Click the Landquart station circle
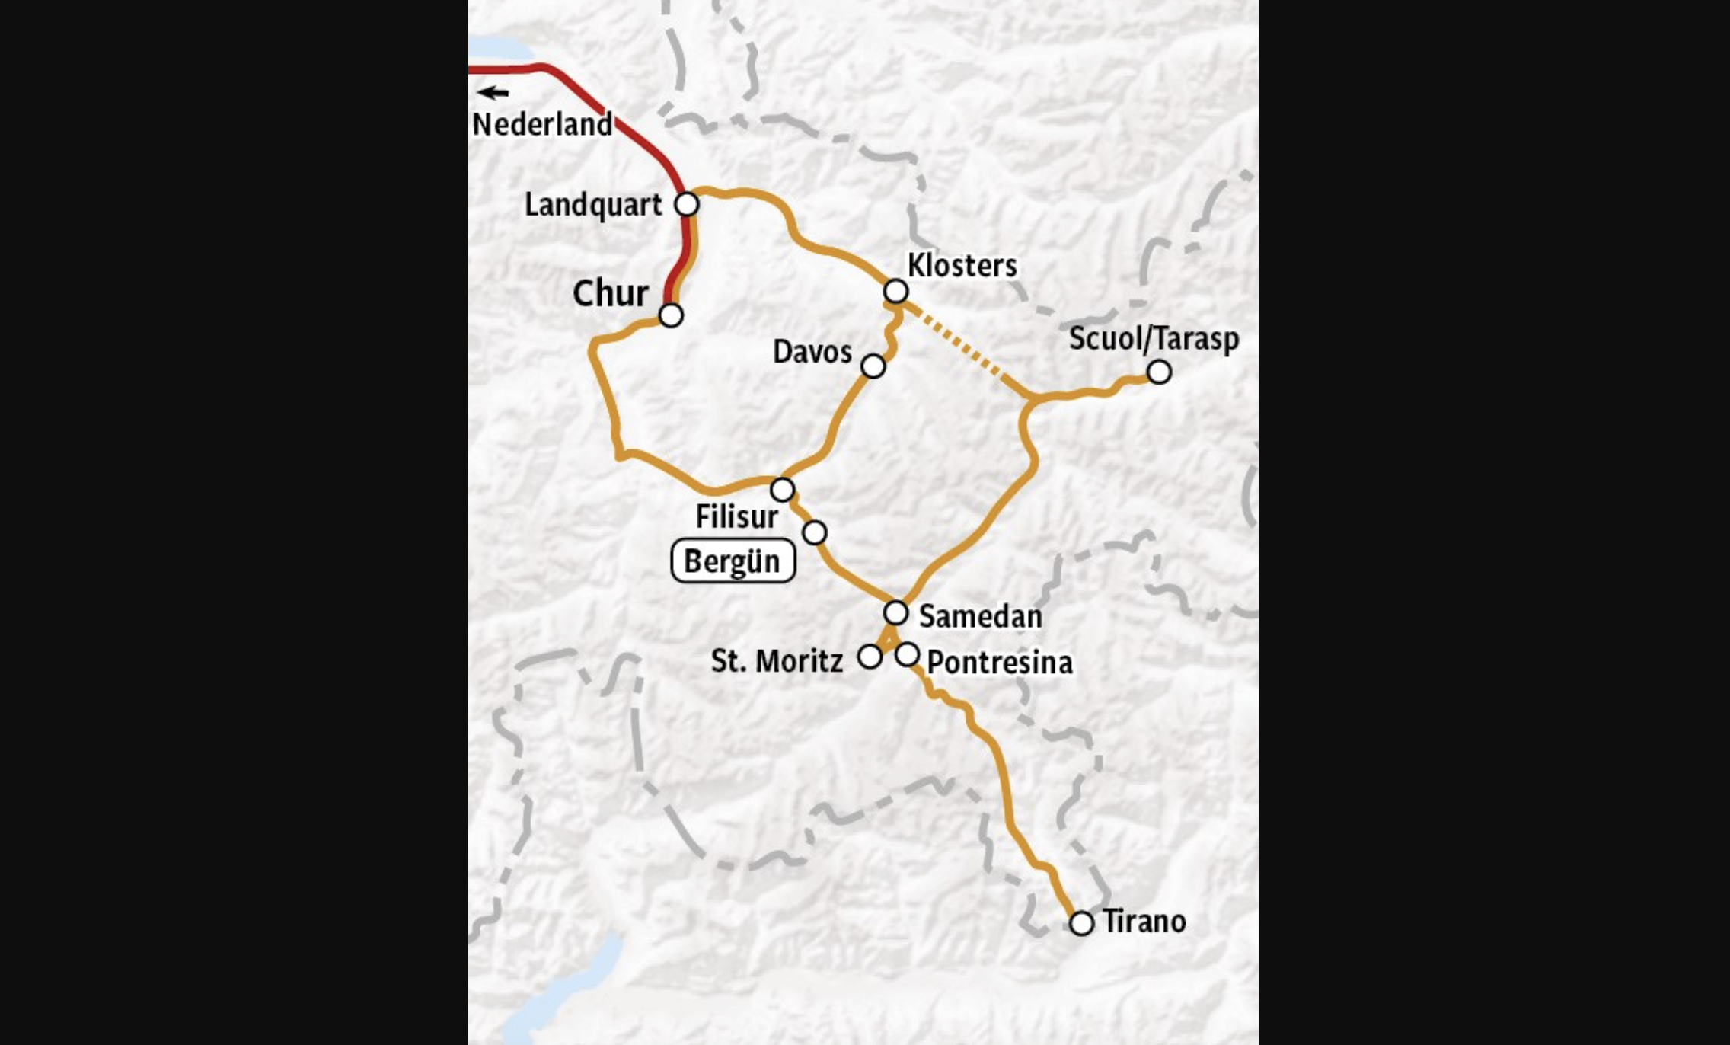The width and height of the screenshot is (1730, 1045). pyautogui.click(x=687, y=204)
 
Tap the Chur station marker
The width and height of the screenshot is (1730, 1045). pyautogui.click(x=671, y=315)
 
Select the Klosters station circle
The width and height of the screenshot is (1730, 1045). pyautogui.click(x=896, y=291)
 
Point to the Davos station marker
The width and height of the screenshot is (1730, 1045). pyautogui.click(x=873, y=366)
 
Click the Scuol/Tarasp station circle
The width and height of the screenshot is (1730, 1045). pyautogui.click(x=1159, y=372)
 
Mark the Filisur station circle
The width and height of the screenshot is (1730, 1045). pyautogui.click(x=783, y=489)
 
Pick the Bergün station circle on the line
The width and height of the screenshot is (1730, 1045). pyautogui.click(x=815, y=532)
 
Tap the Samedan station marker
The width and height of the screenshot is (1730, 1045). pyautogui.click(x=896, y=612)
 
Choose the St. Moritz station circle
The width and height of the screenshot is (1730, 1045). pyautogui.click(x=870, y=657)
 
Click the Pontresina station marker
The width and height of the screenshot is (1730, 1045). pyautogui.click(x=907, y=654)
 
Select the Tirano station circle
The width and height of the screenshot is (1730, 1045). pyautogui.click(x=1081, y=923)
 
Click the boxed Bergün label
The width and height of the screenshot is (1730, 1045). pyautogui.click(x=733, y=561)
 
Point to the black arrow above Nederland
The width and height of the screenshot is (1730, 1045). pyautogui.click(x=493, y=93)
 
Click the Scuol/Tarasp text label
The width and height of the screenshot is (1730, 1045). pyautogui.click(x=1154, y=339)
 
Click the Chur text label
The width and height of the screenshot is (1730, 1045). pyautogui.click(x=611, y=293)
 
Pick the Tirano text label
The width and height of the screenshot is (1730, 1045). pyautogui.click(x=1144, y=922)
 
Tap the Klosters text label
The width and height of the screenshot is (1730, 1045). pyautogui.click(x=962, y=266)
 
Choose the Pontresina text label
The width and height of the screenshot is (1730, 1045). pyautogui.click(x=999, y=663)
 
